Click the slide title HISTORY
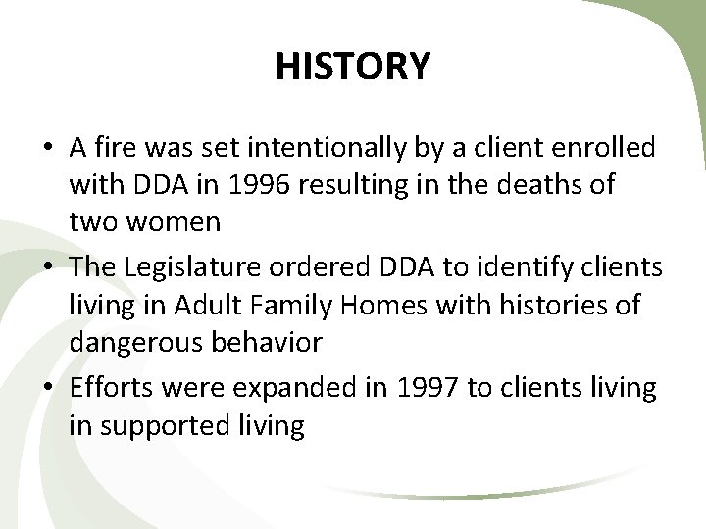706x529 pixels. point(353,68)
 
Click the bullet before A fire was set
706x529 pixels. point(48,150)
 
